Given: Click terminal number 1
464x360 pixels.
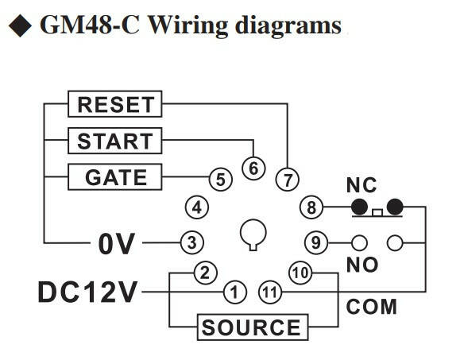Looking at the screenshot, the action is [234, 292].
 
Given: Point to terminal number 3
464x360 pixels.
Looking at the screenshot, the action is [192, 242].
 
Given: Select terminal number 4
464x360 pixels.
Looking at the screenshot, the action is [197, 207].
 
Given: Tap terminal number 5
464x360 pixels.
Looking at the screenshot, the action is [221, 179].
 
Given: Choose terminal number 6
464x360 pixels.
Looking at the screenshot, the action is [253, 168].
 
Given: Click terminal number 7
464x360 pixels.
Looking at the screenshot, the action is [288, 179].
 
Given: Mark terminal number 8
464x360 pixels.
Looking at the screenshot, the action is [311, 207].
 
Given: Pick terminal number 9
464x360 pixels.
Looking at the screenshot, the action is [316, 242].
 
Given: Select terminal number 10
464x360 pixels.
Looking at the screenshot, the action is [300, 273].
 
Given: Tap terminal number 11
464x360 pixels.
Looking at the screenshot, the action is [270, 292].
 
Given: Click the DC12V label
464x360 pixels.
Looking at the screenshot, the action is [87, 292].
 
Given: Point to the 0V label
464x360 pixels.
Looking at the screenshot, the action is [117, 244].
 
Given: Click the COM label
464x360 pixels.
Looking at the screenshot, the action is [371, 307].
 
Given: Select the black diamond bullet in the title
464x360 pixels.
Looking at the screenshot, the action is [20, 25].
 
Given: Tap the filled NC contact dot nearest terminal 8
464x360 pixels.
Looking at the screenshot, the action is [360, 207].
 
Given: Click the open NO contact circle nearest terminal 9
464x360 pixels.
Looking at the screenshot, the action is [360, 243].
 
